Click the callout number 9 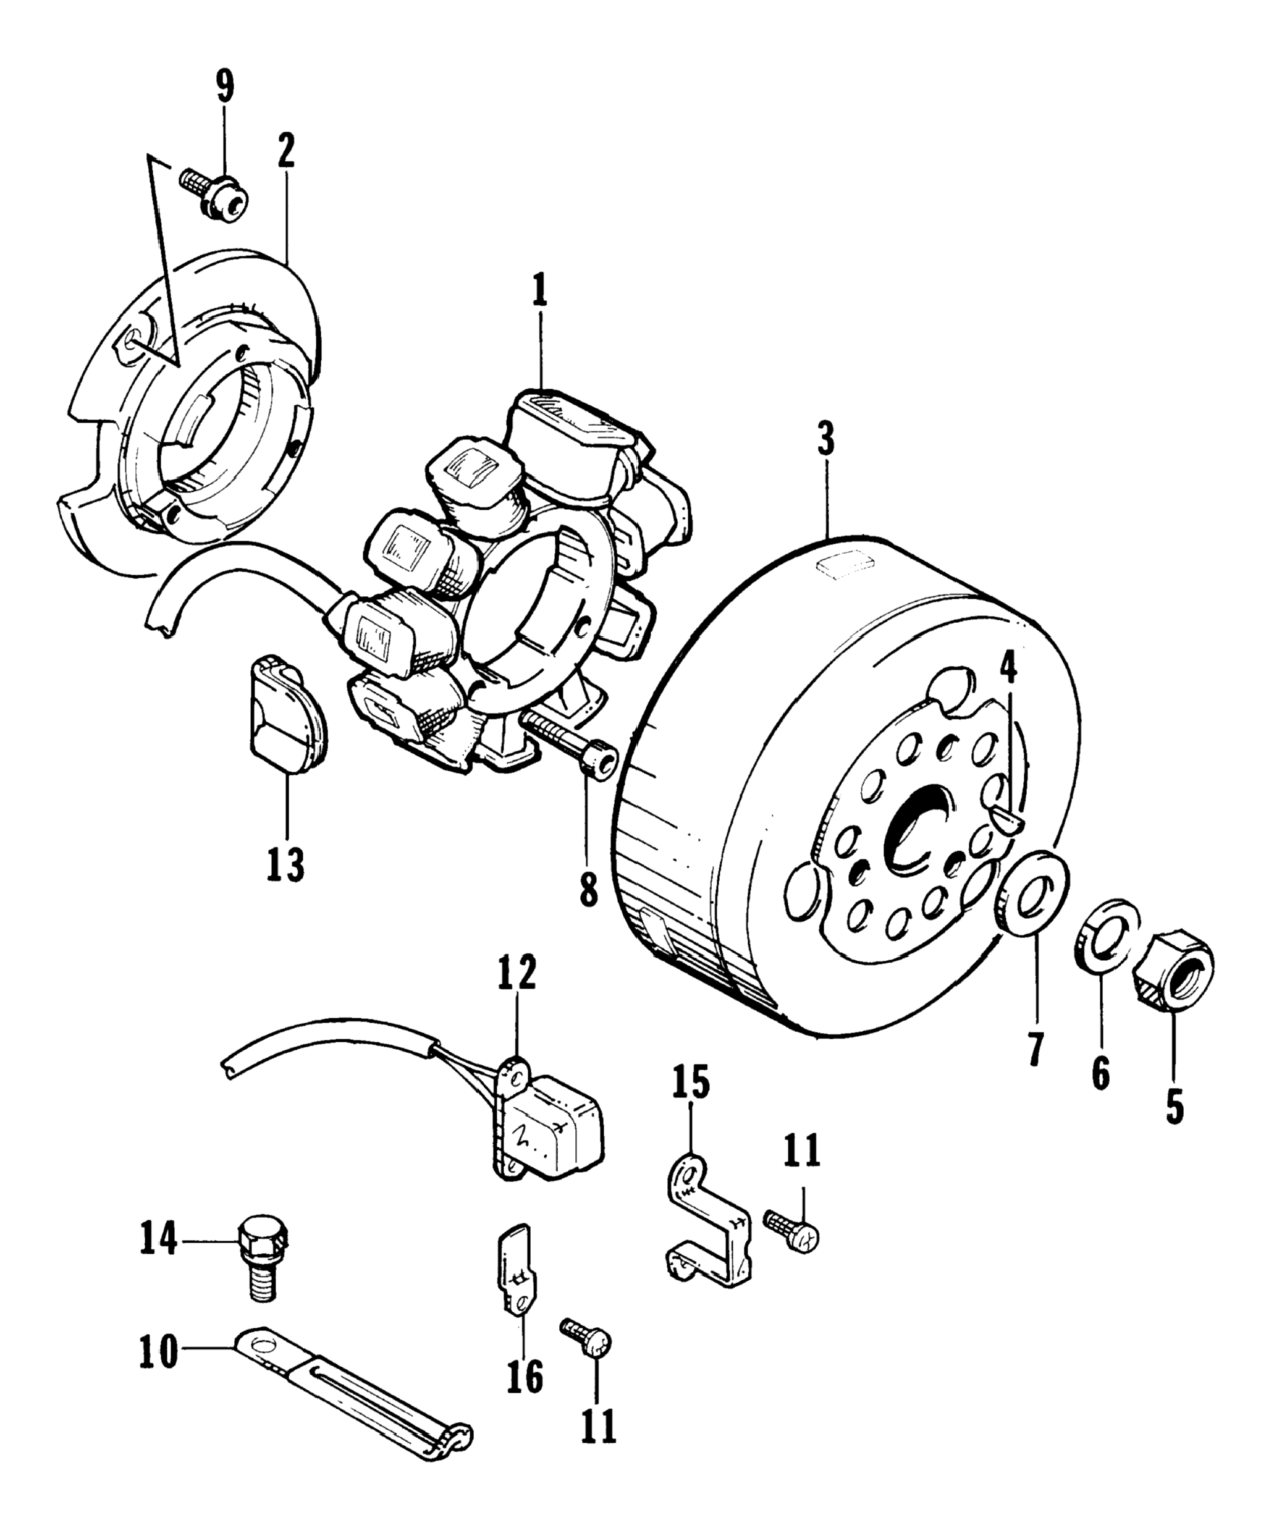click(225, 87)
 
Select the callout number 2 click(286, 151)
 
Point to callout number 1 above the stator click(539, 290)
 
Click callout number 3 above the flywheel click(826, 437)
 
